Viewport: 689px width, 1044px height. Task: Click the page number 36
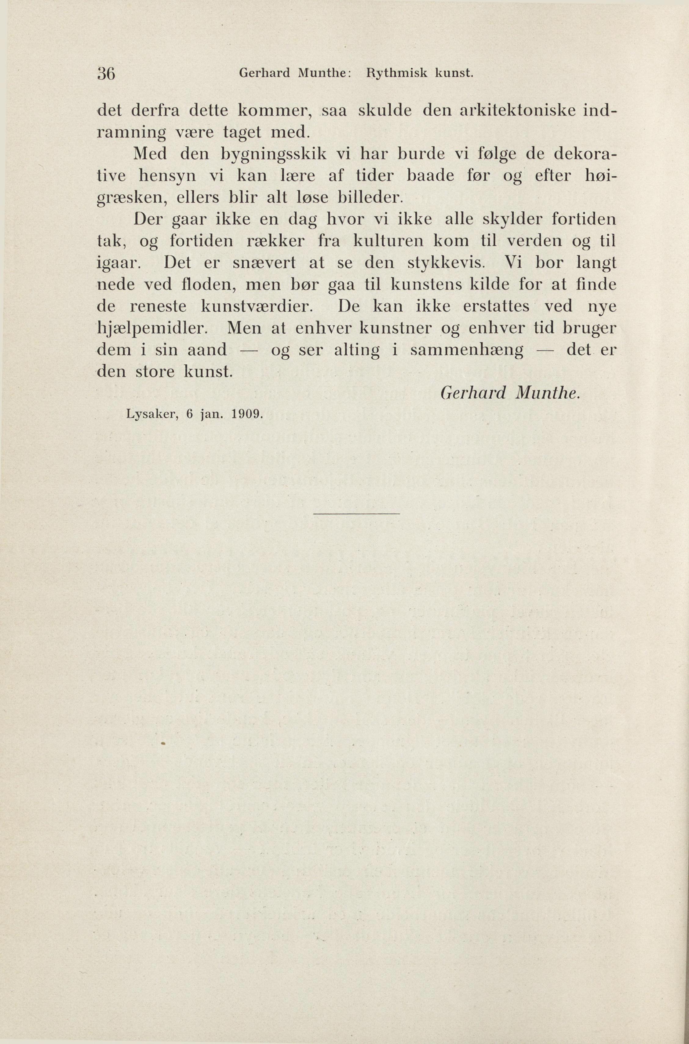(x=106, y=73)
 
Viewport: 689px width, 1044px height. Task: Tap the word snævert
(x=264, y=263)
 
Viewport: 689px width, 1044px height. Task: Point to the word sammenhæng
(x=467, y=351)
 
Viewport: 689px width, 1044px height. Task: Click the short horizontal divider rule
(x=356, y=514)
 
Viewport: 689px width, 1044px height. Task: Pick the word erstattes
(x=496, y=307)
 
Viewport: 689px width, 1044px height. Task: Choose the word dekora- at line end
(x=585, y=154)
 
